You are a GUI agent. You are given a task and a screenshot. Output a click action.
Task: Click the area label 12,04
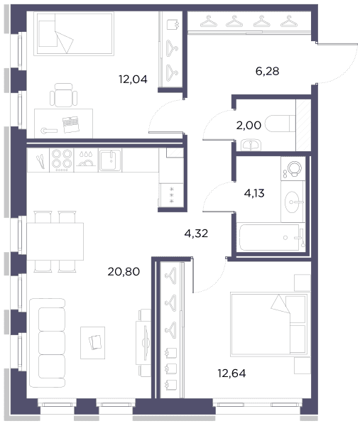tap(133, 80)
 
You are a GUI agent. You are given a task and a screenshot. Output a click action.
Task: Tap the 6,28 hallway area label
tap(268, 71)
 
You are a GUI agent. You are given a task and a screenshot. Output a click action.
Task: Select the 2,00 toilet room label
tap(249, 125)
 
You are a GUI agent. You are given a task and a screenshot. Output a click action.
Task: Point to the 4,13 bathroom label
tap(254, 193)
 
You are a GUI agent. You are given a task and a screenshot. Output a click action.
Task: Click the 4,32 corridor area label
tap(196, 234)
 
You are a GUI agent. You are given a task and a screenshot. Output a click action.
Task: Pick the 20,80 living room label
tap(124, 271)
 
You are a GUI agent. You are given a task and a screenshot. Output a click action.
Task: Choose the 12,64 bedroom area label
tap(231, 373)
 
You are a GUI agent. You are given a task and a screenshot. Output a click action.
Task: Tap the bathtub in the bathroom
tap(271, 237)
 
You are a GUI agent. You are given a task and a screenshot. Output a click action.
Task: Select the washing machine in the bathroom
tap(293, 168)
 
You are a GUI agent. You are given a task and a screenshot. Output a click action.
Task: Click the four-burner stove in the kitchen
tap(62, 160)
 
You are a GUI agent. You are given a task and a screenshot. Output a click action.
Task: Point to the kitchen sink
tap(110, 160)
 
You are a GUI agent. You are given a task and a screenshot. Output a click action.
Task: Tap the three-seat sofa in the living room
tap(48, 343)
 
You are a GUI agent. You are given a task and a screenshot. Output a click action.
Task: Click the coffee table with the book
tap(92, 343)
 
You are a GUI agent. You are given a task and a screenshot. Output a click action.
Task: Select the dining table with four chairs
tap(55, 241)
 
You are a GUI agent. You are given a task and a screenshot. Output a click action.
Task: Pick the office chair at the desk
tap(64, 95)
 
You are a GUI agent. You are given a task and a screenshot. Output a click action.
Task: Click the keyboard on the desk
tap(70, 124)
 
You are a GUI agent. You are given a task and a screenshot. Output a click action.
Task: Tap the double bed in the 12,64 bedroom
tap(269, 324)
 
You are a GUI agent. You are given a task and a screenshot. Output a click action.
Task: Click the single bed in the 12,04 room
tap(74, 33)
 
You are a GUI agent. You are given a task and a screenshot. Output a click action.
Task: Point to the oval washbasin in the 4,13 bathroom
tap(293, 202)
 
